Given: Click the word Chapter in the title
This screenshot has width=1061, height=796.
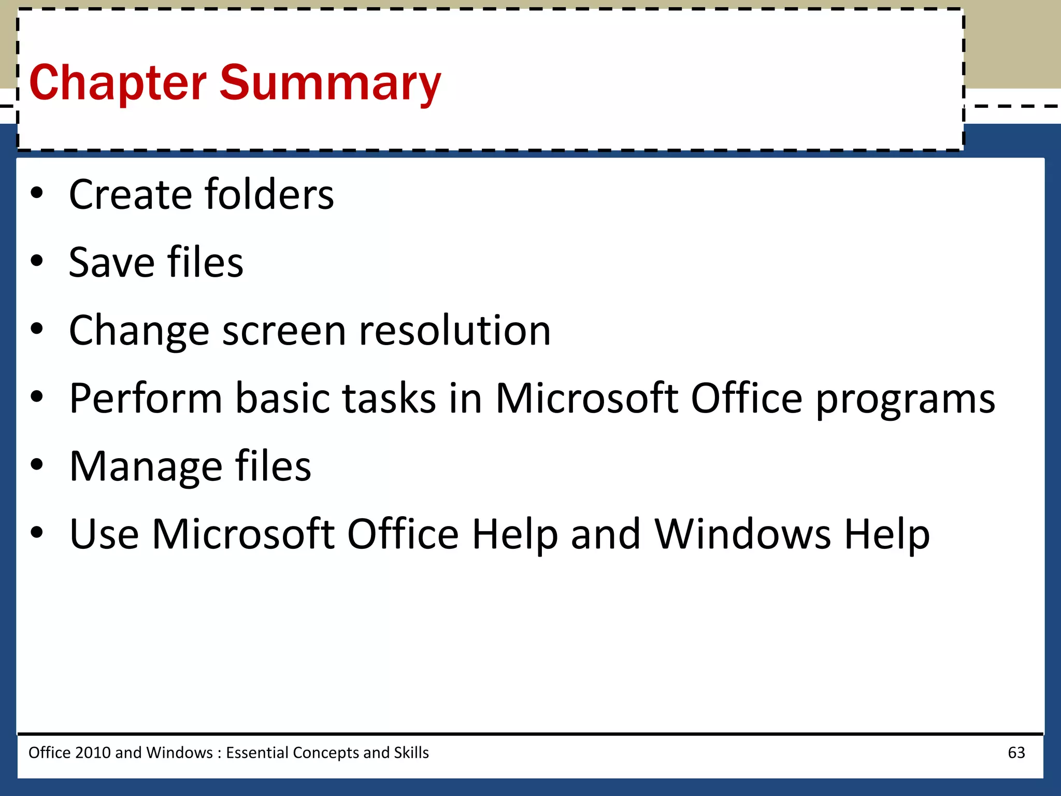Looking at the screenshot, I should click(x=118, y=83).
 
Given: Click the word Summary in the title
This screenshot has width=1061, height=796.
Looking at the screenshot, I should click(x=331, y=83).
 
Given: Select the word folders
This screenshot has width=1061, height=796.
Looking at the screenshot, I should click(x=269, y=194).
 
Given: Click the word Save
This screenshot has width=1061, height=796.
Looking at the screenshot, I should click(x=111, y=262).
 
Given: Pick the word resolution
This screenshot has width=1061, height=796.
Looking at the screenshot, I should click(x=455, y=330).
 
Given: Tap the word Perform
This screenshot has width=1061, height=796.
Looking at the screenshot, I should click(x=146, y=398).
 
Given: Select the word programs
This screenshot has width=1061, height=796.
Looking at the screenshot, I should click(x=905, y=400).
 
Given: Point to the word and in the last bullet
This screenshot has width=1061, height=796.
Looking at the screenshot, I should click(x=606, y=534).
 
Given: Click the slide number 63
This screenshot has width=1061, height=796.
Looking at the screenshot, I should click(x=1016, y=752).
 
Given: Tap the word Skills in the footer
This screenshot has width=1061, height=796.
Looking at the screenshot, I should click(x=411, y=752).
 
